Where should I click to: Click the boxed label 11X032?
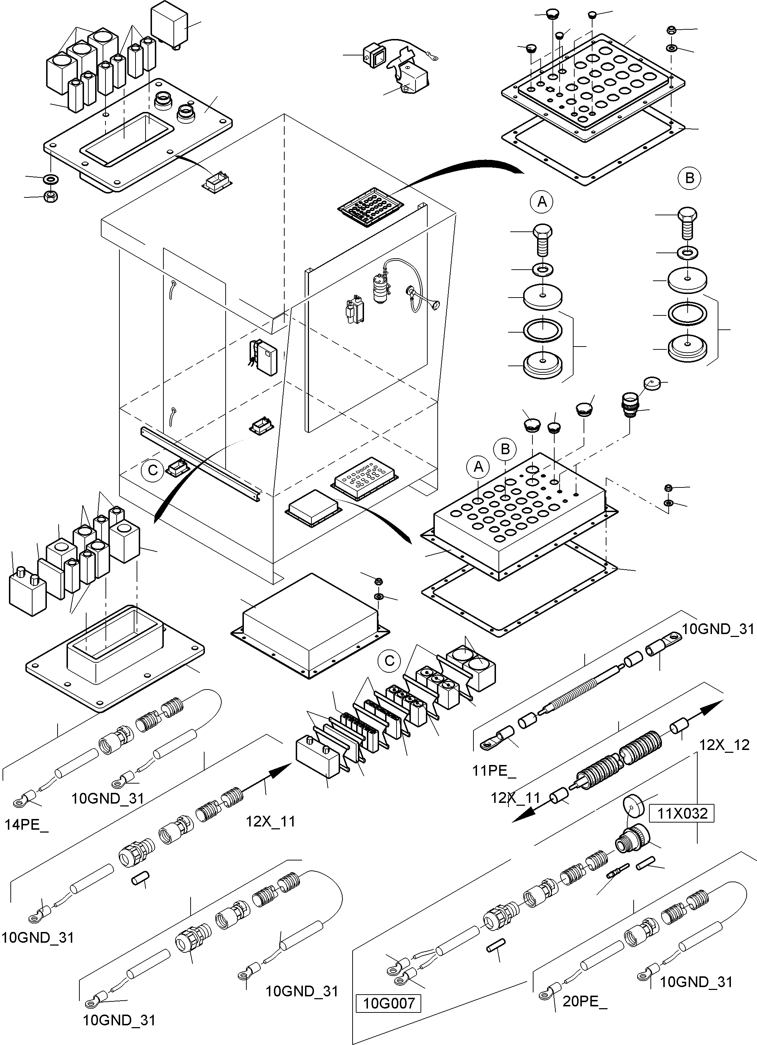(x=682, y=813)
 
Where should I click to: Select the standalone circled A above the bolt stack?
(x=542, y=201)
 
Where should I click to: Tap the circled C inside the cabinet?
(x=152, y=470)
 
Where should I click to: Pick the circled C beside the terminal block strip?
(x=389, y=661)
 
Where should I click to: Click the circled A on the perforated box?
(x=478, y=467)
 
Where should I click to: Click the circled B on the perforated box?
(x=505, y=449)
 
